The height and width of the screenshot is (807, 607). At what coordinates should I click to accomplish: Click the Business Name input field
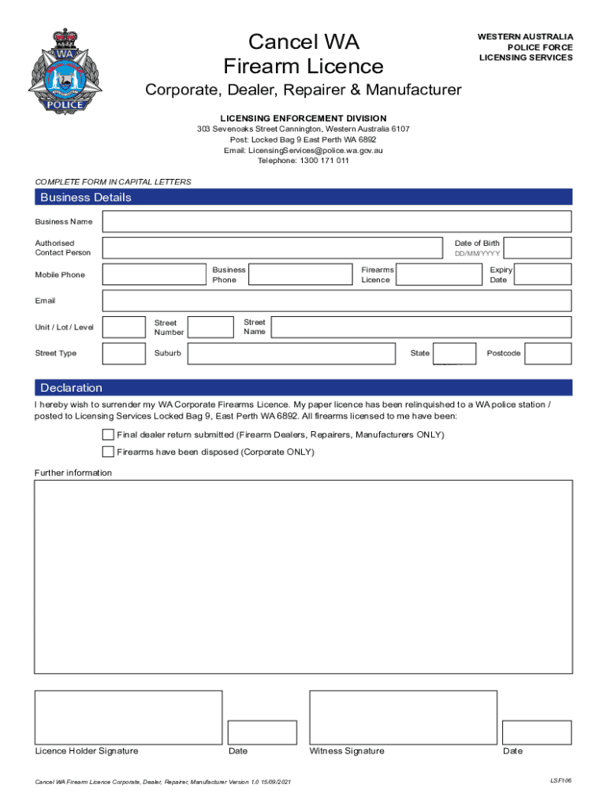coord(337,222)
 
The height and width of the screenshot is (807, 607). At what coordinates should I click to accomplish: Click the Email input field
coord(337,300)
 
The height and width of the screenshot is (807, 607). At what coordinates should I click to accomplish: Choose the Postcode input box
coord(548,353)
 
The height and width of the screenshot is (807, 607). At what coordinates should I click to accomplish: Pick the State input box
coord(455,353)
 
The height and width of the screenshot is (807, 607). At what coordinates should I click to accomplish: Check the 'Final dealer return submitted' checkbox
coord(108,435)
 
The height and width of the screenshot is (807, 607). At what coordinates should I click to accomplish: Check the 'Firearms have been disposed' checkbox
coord(108,452)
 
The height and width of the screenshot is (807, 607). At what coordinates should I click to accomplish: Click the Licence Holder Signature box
coord(128,717)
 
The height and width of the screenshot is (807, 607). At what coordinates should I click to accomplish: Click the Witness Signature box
coord(403,717)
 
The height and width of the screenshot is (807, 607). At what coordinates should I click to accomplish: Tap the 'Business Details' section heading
coord(86,197)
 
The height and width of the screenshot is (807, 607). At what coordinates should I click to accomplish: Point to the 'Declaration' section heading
coord(72,388)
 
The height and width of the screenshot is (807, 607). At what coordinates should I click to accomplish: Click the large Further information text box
coord(303,577)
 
